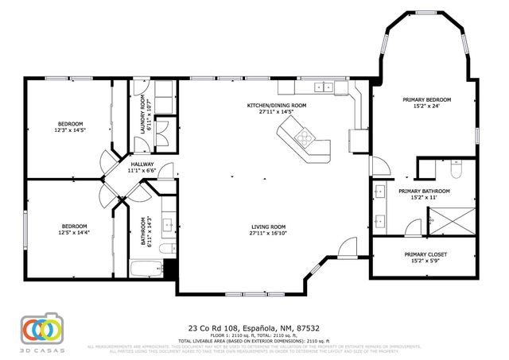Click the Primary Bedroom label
tap(426, 99)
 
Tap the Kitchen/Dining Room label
tap(277, 105)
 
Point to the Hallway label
tap(142, 163)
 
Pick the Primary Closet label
tap(426, 254)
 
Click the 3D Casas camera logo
tap(41, 329)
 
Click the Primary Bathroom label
tap(424, 191)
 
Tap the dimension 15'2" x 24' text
tap(426, 106)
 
